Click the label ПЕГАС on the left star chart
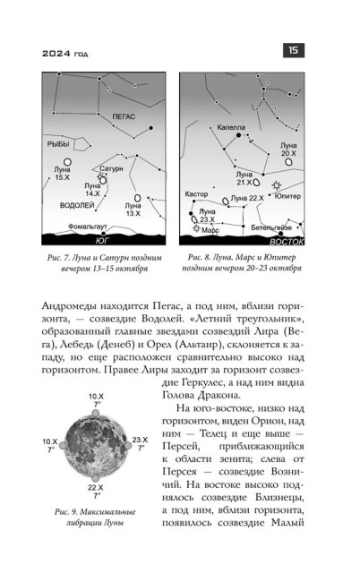point(115,116)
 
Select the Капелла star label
point(231,127)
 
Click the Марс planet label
point(210,230)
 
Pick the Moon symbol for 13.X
point(138,199)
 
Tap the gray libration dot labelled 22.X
point(96,475)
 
